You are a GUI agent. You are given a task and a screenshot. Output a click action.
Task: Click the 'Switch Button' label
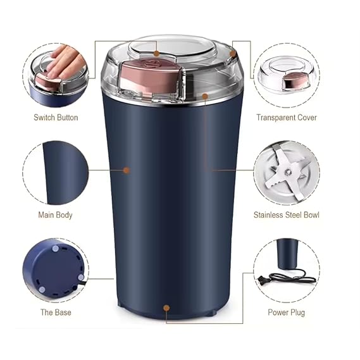coord(56,117)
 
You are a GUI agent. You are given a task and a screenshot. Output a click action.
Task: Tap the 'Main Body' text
coord(55,214)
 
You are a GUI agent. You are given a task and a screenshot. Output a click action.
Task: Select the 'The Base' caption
coord(56,312)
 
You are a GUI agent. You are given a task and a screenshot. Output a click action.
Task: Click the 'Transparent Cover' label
coord(286,117)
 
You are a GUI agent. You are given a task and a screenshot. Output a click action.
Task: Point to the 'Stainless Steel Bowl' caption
coord(286,214)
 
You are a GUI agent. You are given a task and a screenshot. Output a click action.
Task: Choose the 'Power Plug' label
coord(286,312)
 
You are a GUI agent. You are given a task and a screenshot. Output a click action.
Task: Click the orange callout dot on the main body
coord(127,170)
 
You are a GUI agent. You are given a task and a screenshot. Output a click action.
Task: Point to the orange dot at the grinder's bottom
coord(166,309)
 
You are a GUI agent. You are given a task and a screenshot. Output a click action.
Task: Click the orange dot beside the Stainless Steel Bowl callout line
coord(206,96)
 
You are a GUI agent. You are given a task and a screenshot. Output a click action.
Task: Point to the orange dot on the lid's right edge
coord(233,54)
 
